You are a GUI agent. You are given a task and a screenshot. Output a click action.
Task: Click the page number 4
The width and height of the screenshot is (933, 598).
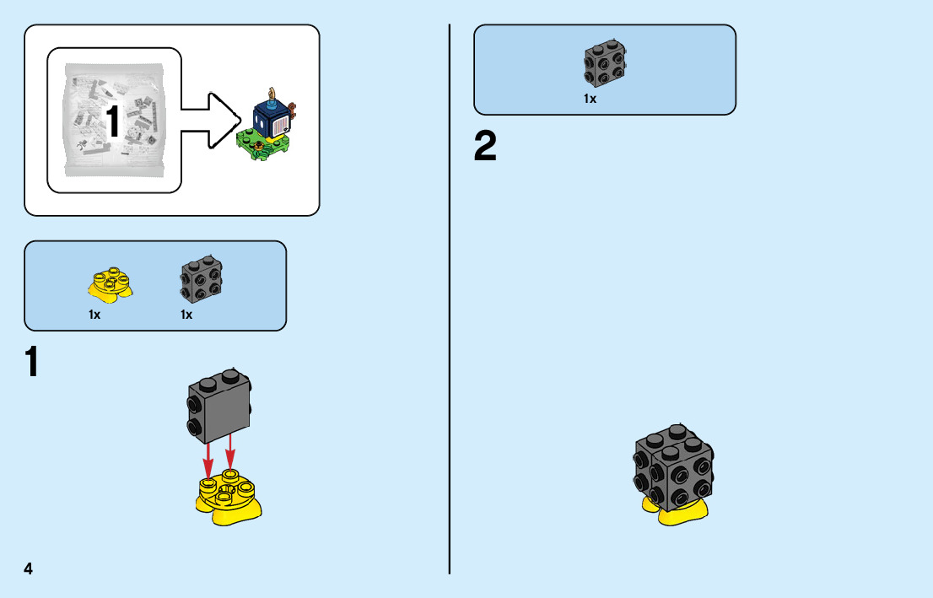(x=29, y=568)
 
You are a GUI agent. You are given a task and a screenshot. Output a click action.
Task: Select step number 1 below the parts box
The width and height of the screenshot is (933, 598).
(x=31, y=363)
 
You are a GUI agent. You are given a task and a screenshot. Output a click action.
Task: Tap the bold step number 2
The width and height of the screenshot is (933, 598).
(x=485, y=147)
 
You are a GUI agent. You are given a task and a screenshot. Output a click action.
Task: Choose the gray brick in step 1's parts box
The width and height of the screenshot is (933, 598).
(x=201, y=278)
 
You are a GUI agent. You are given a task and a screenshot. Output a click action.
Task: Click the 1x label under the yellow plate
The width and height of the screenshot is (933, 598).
(x=94, y=315)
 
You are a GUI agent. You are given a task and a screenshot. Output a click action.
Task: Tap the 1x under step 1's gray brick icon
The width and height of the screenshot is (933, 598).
(x=186, y=315)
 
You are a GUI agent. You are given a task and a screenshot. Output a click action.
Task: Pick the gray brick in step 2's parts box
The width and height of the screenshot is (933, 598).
(x=605, y=64)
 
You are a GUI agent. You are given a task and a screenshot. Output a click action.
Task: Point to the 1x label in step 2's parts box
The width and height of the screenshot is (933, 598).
(x=591, y=99)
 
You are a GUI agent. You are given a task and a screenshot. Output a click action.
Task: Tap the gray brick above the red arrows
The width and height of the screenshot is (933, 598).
(x=218, y=405)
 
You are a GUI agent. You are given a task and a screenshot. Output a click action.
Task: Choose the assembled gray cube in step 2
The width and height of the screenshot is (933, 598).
(x=675, y=468)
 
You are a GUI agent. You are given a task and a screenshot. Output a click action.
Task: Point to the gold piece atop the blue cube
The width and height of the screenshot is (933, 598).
(x=272, y=93)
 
